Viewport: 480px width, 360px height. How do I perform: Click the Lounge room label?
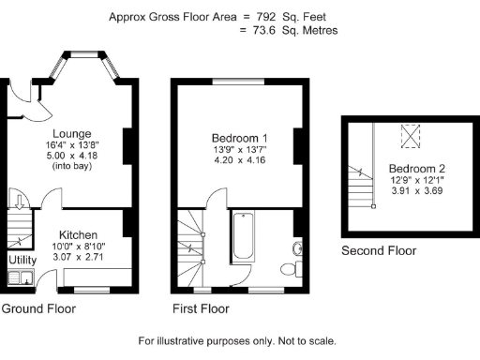point(71,133)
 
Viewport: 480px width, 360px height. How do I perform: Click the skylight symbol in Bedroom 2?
point(409,137)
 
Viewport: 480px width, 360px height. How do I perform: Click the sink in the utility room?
point(19,277)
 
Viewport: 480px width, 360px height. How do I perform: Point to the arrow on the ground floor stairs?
point(20,202)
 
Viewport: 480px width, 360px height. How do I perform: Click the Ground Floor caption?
point(38,308)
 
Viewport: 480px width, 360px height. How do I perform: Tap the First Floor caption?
point(201,308)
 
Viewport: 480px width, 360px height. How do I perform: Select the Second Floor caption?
point(379,251)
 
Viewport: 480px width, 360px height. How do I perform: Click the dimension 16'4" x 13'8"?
point(71,145)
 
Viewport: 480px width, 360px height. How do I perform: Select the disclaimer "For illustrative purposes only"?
point(202,341)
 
